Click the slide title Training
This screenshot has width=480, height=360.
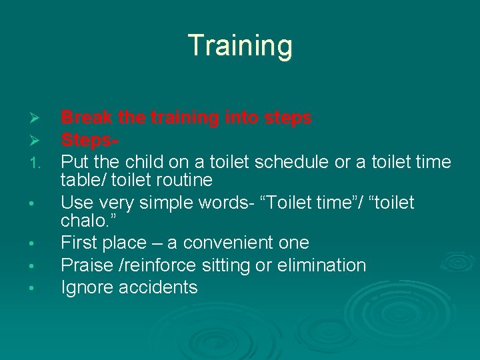click(x=240, y=45)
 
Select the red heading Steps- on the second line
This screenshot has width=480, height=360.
click(x=91, y=140)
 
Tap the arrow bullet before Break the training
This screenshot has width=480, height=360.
click(x=37, y=119)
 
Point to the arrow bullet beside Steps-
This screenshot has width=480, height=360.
click(x=37, y=141)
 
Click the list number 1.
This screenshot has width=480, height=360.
click(x=37, y=163)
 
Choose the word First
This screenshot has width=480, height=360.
click(x=79, y=243)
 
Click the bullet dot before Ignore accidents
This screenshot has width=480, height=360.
click(x=37, y=289)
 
